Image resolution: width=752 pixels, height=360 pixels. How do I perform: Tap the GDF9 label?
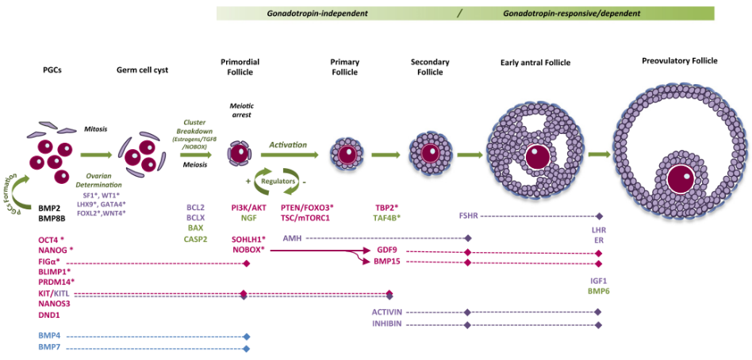pyautogui.click(x=387, y=250)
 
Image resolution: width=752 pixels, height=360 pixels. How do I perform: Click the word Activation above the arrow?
pyautogui.click(x=288, y=145)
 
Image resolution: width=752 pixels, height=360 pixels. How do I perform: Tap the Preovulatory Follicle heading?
pyautogui.click(x=680, y=60)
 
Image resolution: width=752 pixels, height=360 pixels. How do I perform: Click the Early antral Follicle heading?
pyautogui.click(x=535, y=63)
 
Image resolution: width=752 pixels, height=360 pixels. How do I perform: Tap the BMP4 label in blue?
pyautogui.click(x=49, y=336)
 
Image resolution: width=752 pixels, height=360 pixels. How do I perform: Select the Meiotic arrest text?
pyautogui.click(x=241, y=109)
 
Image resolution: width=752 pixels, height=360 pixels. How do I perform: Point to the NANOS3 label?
pyautogui.click(x=55, y=304)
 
